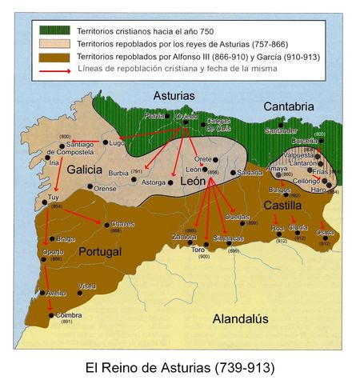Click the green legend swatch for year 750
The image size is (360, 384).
coord(56,30)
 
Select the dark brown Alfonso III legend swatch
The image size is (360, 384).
coord(56,58)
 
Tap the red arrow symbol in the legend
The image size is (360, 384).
coord(56,73)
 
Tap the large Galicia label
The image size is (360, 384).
coord(84,170)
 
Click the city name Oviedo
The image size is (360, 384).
coord(186,117)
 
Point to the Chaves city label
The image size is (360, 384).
coord(122,224)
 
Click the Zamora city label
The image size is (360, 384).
coord(184,238)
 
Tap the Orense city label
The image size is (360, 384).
coord(106,189)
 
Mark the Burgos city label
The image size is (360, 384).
coord(280,190)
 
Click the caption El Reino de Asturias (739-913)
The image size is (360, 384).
coord(179,368)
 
